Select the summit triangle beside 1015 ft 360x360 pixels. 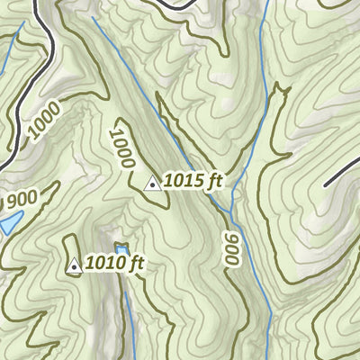tap(153, 184)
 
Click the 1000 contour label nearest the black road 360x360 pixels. tap(43, 122)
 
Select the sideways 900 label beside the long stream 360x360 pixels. tap(232, 247)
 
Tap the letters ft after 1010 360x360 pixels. tap(136, 265)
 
